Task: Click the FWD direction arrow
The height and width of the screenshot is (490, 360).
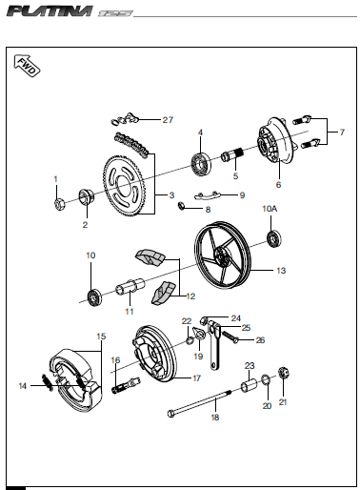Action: pyautogui.click(x=27, y=66)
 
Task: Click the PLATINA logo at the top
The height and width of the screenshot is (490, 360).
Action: pyautogui.click(x=50, y=11)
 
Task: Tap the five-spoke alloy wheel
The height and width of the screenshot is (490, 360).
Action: pyautogui.click(x=223, y=255)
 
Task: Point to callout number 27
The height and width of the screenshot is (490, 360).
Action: pyautogui.click(x=168, y=120)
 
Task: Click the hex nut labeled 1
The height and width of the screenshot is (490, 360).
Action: pyautogui.click(x=59, y=204)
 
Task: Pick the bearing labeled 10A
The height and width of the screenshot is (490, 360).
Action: pyautogui.click(x=273, y=239)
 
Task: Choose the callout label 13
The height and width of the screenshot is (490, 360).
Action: pyautogui.click(x=281, y=271)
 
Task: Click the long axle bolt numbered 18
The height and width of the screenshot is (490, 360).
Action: pyautogui.click(x=200, y=401)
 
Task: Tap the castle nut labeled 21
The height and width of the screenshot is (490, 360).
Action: pyautogui.click(x=285, y=374)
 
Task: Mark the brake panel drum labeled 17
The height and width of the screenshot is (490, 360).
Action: pyautogui.click(x=155, y=353)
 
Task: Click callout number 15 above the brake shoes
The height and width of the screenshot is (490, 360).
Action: pyautogui.click(x=101, y=337)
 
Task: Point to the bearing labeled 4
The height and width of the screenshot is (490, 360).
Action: pyautogui.click(x=201, y=164)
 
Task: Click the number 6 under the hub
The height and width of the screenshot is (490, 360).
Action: pyautogui.click(x=278, y=185)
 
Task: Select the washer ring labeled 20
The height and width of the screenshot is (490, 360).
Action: pyautogui.click(x=266, y=379)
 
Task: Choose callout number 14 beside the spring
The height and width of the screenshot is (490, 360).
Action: pyautogui.click(x=22, y=386)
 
